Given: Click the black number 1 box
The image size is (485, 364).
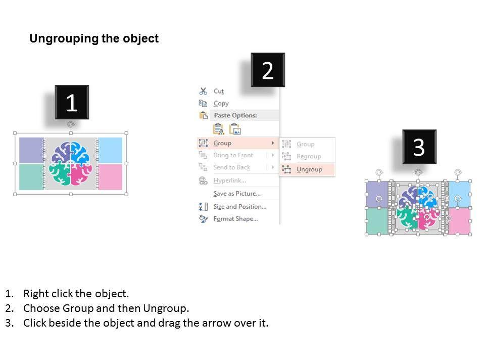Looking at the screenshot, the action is pos(72,102).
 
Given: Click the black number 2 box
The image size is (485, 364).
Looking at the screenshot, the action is pos(268,70).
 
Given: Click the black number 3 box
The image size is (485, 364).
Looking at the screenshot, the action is pos(419,147).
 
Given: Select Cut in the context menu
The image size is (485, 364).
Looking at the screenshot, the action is pos(218,92).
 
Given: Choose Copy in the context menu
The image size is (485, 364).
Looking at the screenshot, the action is pos(221,103).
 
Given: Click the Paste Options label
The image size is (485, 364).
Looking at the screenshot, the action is pos(235,115).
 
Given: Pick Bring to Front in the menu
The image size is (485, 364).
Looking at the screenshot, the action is pos(233,155).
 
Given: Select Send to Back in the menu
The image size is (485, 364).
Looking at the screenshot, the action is pos(232,167).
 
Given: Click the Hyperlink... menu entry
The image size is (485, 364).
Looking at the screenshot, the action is pos(229,180).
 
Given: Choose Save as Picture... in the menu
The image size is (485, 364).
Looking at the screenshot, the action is pos(237,194).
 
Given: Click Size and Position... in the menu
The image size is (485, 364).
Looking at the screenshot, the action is pos(239,206).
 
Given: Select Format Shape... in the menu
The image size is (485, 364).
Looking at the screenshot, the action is pos(235,219).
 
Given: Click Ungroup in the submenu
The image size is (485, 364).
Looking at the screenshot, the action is pos(309,169).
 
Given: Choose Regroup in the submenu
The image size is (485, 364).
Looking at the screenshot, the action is pos(309,156).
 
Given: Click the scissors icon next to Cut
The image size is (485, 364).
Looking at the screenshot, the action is pos(203,91).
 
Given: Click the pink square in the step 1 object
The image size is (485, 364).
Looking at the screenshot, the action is pos(111,177).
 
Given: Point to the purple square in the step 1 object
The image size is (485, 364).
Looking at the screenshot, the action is pos(31,150).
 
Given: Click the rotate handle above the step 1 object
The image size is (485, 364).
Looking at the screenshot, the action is pos(71,124).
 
